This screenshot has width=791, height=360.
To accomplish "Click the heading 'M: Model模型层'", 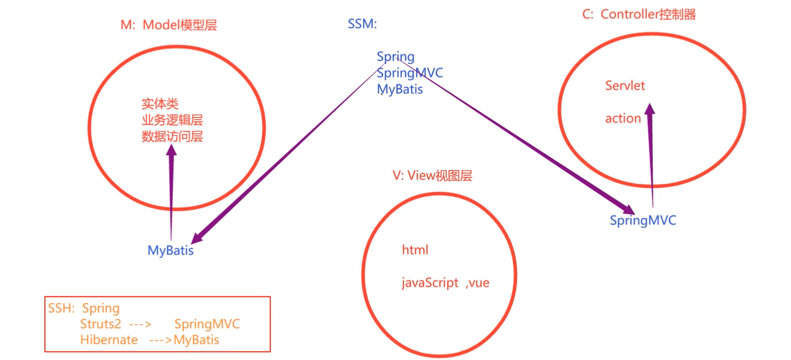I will (169, 25).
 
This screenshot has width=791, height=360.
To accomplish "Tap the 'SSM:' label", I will (362, 24).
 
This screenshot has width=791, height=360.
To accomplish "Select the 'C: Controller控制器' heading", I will (639, 14).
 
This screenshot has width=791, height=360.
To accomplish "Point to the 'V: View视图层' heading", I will (432, 176).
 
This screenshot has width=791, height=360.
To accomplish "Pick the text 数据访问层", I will (172, 136).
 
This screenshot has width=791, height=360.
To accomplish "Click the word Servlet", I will (625, 86).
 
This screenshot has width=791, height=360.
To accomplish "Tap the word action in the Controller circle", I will (623, 118).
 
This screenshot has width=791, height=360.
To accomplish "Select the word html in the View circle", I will (415, 250).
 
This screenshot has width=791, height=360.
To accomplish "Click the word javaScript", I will (430, 284).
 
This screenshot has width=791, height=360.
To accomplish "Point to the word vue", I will (479, 284).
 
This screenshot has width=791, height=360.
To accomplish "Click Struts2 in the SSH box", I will (100, 324).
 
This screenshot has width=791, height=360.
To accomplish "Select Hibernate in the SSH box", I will (109, 340).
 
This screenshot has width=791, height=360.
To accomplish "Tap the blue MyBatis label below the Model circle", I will (171, 251).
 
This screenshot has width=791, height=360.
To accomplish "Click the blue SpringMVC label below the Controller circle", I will (643, 221).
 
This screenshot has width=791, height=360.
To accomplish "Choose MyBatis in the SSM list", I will (400, 89).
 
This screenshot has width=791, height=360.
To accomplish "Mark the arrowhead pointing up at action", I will (649, 110).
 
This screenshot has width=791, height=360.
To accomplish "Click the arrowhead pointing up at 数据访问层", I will (172, 149).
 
